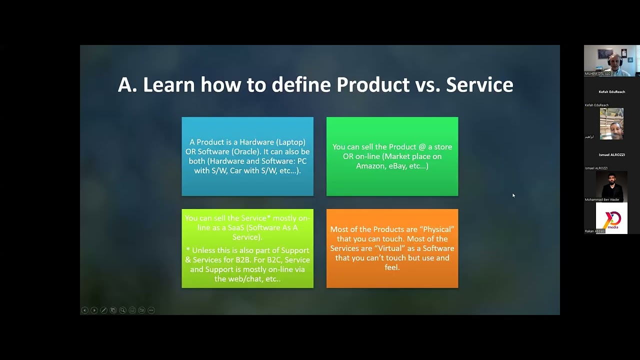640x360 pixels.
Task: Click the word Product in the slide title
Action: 373,85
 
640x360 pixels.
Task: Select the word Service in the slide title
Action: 479,85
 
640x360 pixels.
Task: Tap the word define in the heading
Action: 301,85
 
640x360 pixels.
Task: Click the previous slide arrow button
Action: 84,310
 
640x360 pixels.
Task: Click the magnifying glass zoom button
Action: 122,310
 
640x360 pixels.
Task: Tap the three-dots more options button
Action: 151,310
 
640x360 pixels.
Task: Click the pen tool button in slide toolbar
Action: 103,310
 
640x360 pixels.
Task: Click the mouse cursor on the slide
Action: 513,195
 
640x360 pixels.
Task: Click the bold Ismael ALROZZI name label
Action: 611,155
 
